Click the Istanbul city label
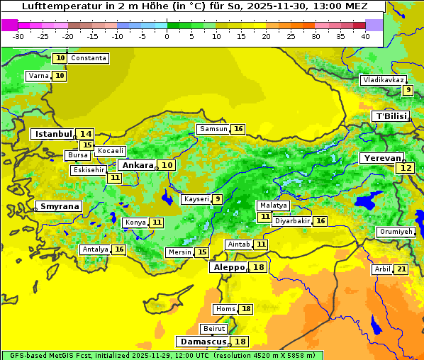(53, 134)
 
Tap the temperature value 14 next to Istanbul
(86, 134)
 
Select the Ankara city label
(136, 165)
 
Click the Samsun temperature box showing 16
(238, 129)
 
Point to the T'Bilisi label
(391, 116)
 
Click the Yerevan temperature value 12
(406, 168)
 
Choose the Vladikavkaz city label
(384, 80)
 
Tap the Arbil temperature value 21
(401, 269)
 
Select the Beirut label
(214, 329)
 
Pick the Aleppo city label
(228, 267)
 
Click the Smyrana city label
(60, 207)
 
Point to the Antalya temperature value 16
(119, 249)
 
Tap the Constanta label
(89, 58)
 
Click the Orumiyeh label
(395, 232)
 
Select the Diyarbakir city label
(291, 221)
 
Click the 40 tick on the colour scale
(364, 36)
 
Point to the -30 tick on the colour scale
(18, 36)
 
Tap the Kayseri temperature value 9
(218, 199)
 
